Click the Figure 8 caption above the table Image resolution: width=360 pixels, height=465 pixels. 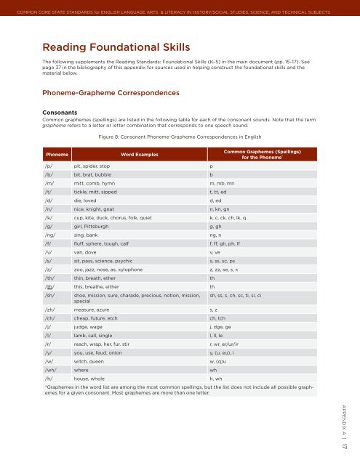point(178,136)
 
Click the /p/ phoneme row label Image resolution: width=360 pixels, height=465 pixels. point(49,166)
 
